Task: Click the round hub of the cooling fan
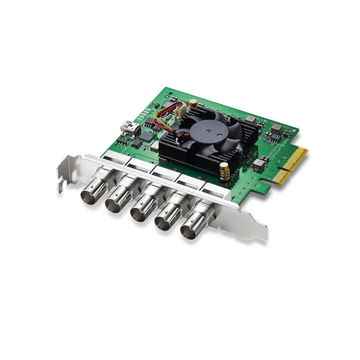[x=208, y=130]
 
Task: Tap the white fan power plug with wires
[x=179, y=111]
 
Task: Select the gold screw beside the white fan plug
[x=193, y=103]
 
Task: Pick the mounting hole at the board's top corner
[x=171, y=97]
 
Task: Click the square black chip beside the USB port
[x=146, y=135]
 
